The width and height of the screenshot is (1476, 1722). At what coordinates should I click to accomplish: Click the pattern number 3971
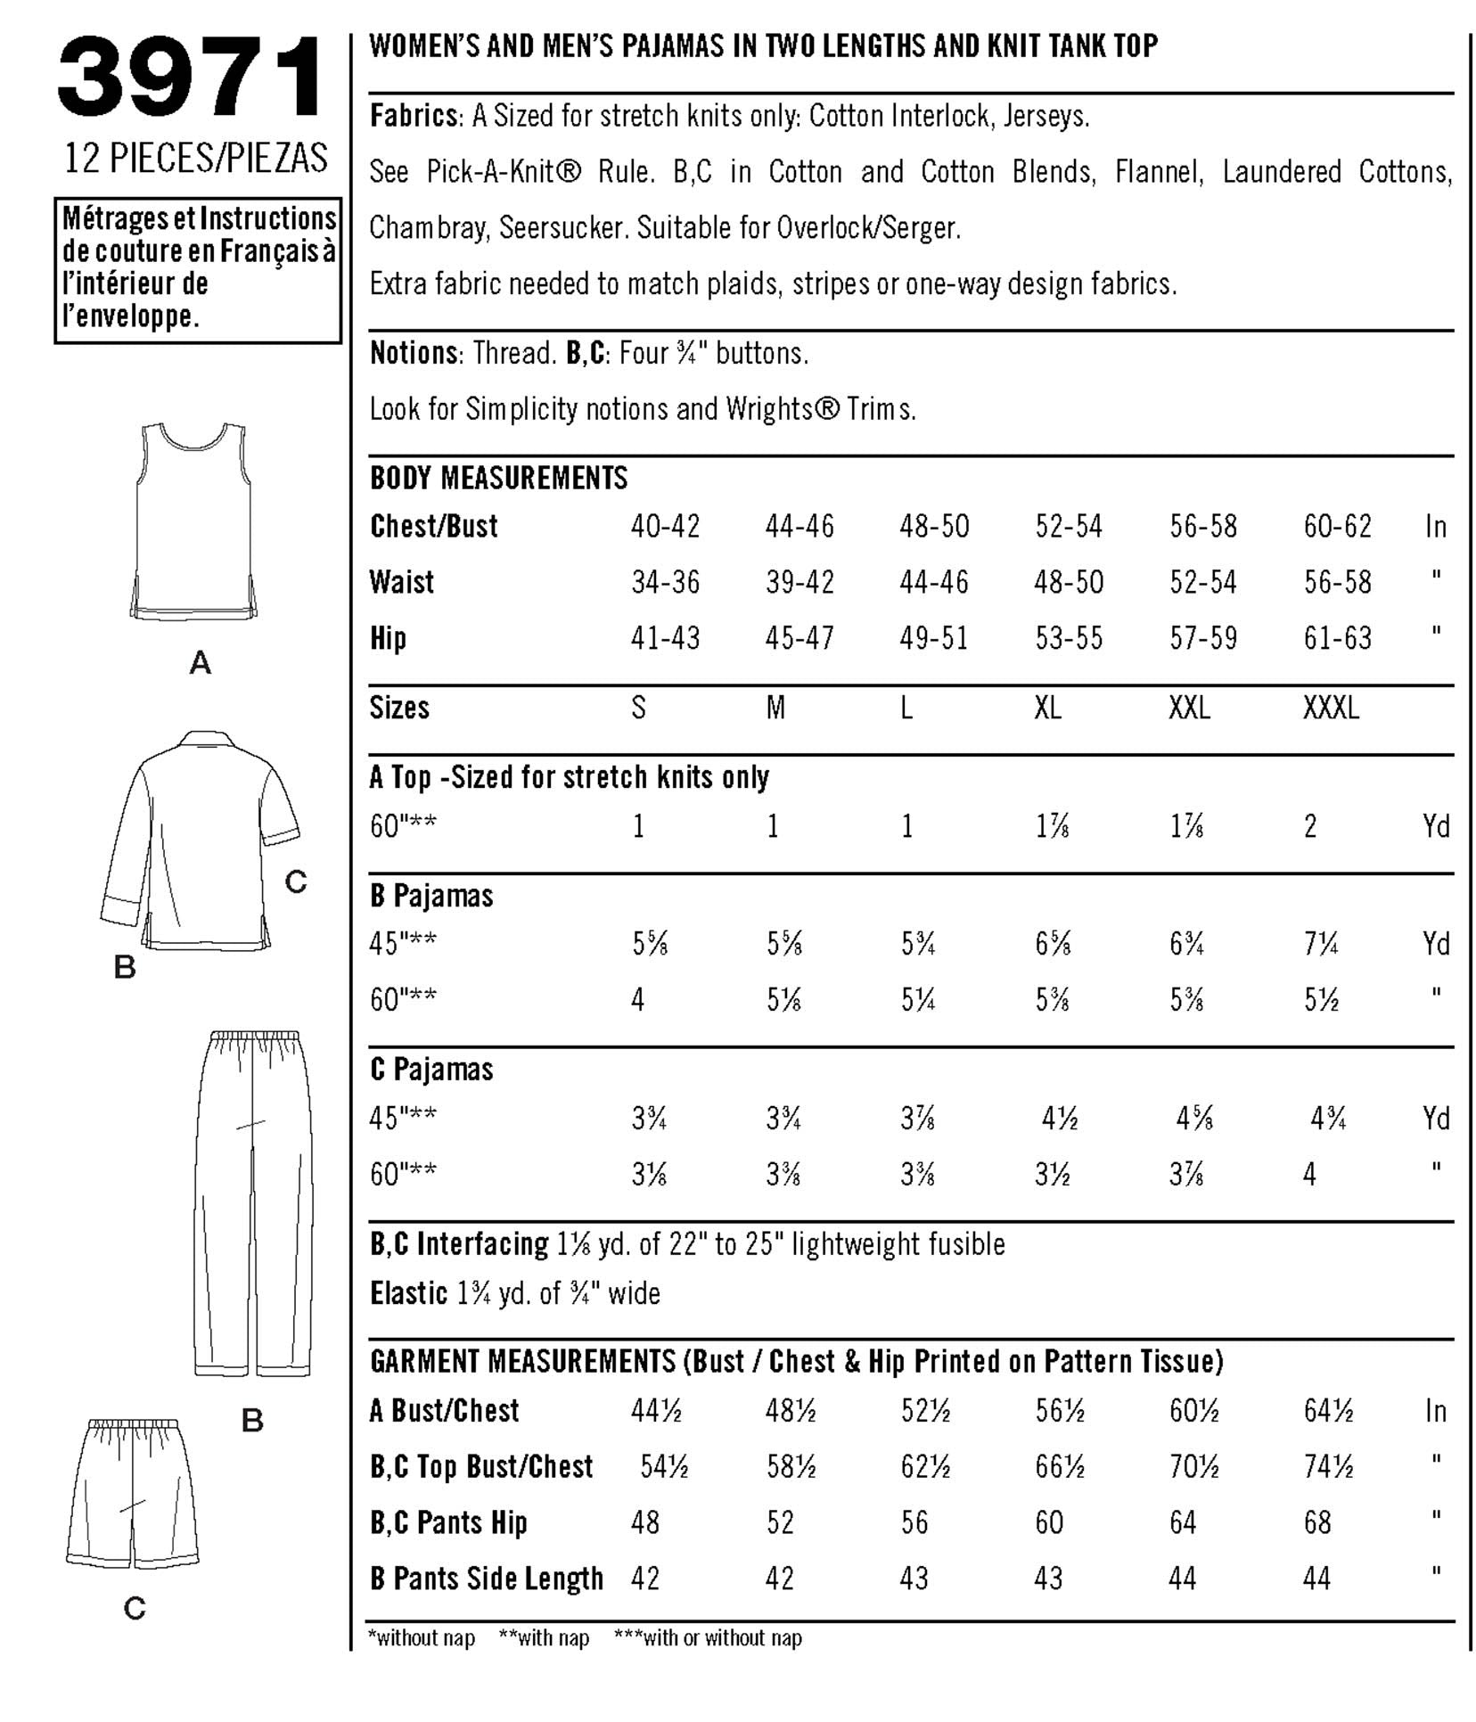192,78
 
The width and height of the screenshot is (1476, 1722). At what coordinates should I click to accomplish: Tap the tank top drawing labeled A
194,521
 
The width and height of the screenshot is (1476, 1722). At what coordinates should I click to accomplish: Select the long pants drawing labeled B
252,1202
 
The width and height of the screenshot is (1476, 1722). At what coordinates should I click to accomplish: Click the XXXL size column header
1331,709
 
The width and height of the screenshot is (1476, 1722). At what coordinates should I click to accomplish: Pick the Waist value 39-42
799,583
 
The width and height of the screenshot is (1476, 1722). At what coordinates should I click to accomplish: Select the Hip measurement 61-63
1337,639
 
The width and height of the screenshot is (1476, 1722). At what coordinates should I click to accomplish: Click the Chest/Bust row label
434,527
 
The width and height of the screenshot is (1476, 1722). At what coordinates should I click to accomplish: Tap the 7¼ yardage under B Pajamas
1321,944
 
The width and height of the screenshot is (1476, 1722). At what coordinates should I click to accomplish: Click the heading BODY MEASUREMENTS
498,479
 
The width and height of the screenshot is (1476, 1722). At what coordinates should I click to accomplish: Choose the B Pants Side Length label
486,1578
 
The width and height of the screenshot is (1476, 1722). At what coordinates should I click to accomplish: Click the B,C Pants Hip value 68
1317,1522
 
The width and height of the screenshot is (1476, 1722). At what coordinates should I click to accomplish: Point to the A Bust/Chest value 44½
656,1411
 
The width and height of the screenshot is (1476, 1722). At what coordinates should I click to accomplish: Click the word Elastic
408,1293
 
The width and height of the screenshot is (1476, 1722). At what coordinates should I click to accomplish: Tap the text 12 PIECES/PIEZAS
196,158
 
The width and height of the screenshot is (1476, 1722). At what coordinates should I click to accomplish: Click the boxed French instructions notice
198,269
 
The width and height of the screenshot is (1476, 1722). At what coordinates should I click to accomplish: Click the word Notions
414,354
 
